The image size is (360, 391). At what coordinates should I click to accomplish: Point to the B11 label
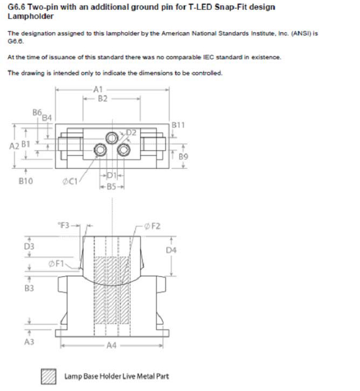click(178, 125)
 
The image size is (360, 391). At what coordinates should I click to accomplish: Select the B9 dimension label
click(183, 157)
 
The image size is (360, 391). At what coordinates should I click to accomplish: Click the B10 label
click(25, 181)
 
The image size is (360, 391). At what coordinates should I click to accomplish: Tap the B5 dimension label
click(112, 187)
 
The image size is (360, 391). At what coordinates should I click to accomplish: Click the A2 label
click(15, 146)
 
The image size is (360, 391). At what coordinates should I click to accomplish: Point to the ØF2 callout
click(153, 226)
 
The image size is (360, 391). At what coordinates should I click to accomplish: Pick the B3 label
click(30, 288)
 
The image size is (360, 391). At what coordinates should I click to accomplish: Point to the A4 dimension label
click(112, 346)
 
